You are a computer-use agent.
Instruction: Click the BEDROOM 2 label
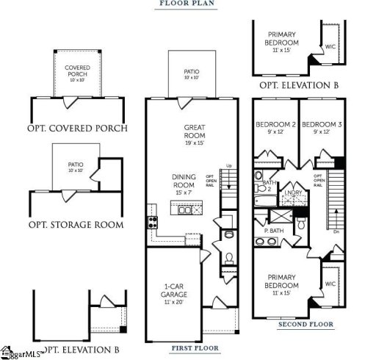point(275,124)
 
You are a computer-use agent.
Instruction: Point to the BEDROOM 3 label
point(321,124)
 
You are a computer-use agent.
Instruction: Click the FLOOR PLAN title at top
point(187,4)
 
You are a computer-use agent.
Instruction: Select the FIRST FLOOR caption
point(192,347)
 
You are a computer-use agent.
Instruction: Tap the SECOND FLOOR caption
point(305,324)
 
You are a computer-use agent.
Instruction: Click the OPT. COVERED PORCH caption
point(77,129)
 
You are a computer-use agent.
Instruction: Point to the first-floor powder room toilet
point(228,258)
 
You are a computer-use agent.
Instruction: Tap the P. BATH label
point(274,231)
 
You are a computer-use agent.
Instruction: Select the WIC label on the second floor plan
point(330,283)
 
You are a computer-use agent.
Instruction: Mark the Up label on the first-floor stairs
point(228,166)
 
